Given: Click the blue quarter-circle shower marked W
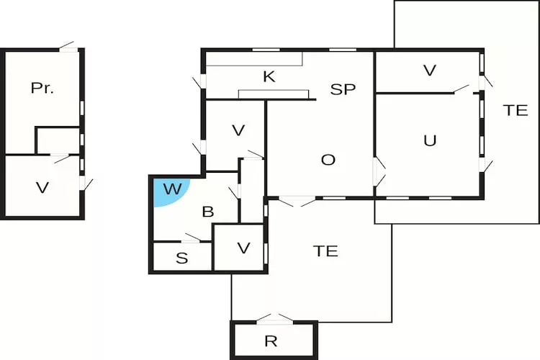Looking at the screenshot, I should (168, 190).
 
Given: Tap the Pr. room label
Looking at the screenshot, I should (43, 89).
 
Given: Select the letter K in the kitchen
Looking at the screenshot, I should (269, 77).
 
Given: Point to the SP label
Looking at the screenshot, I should (343, 89).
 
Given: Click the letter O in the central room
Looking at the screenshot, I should (328, 160).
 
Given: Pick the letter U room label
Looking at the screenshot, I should (430, 140).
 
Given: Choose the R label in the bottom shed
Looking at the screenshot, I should (271, 341).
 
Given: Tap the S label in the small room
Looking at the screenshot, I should (181, 258).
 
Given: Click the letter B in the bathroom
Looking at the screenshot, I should (208, 212).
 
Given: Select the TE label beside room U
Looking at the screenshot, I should (516, 110).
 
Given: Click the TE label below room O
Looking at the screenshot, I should (325, 251).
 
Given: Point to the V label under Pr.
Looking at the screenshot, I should (42, 188).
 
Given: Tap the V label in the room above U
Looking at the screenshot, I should (430, 71).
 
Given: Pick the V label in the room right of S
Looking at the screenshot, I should (243, 248).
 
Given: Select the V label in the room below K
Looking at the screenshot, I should (238, 131).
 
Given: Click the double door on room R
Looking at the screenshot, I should (275, 319).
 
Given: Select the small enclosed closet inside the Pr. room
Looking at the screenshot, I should (58, 140).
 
